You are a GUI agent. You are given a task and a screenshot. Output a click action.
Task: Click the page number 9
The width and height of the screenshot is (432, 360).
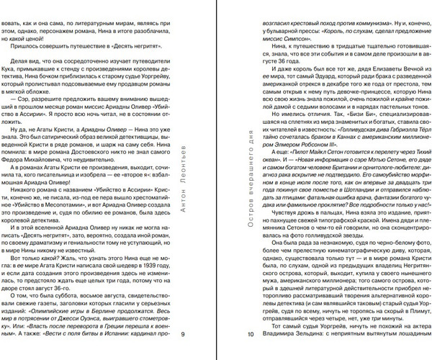pyautogui.click(x=183, y=333)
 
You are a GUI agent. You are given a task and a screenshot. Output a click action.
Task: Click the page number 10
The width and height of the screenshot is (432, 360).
pyautogui.click(x=251, y=333)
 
